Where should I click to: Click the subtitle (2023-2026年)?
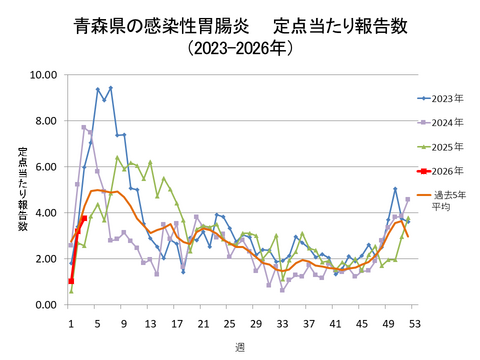[x=239, y=47]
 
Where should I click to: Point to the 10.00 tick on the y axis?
[x=42, y=74]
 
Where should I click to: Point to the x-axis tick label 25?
[x=229, y=323]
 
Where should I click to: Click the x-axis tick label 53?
[x=413, y=323]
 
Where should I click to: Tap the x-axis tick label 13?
[x=150, y=323]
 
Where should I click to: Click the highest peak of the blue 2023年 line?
[x=110, y=88]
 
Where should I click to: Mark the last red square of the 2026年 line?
[x=84, y=218]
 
